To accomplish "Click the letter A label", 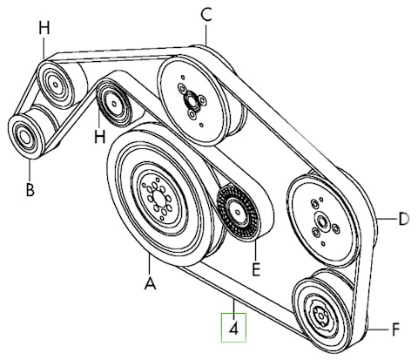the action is click(x=150, y=283).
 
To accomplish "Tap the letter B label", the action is click(x=30, y=190).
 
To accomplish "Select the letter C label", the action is click(x=206, y=15).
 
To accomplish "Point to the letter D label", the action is click(x=403, y=220).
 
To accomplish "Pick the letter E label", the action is click(x=256, y=269).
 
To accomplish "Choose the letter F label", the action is click(x=395, y=329).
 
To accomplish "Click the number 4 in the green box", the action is click(x=233, y=329).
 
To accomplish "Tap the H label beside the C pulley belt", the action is click(x=44, y=29).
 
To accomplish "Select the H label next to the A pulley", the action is click(x=99, y=136).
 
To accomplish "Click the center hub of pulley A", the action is click(x=158, y=199).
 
